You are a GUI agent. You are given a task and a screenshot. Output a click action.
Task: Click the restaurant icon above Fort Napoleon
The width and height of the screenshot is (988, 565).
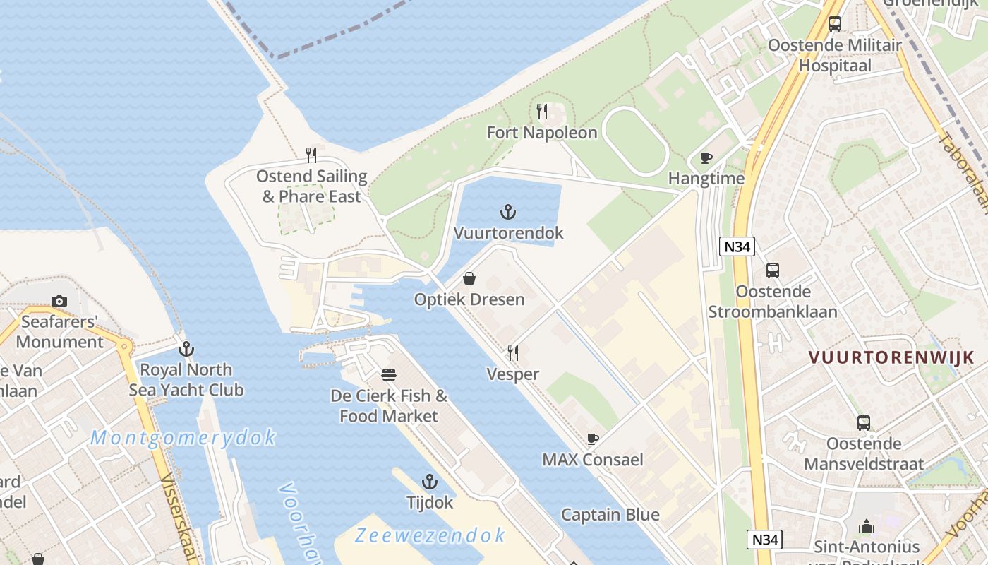[x=542, y=112]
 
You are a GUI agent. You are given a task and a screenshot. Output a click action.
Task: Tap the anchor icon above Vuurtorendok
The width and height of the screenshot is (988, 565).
[x=507, y=211]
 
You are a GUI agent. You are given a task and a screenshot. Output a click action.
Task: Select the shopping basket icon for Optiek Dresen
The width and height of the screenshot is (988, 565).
[x=469, y=278]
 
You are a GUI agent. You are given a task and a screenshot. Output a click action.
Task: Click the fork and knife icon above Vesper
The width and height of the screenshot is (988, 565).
[x=513, y=352]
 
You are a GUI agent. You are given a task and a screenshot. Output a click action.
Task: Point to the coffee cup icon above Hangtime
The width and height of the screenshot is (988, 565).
[x=706, y=157]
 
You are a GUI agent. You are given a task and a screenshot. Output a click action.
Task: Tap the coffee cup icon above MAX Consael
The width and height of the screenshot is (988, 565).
[x=593, y=439]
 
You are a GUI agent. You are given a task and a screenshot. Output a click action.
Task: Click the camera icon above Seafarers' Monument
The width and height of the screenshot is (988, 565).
[x=59, y=301]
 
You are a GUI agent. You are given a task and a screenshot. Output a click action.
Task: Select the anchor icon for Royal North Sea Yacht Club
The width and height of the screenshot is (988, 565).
[x=186, y=348]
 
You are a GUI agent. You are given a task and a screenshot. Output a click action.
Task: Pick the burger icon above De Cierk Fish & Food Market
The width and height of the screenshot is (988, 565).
[x=389, y=374]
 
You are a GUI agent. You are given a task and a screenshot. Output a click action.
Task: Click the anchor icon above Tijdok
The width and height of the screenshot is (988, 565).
[x=429, y=482]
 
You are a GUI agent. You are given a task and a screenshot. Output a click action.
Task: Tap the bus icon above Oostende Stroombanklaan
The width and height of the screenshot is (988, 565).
[x=773, y=270]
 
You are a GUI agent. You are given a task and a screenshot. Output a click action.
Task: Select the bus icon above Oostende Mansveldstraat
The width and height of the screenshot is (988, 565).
[x=864, y=422]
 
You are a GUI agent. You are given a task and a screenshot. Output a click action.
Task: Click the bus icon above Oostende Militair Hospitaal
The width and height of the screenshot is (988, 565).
[x=835, y=23]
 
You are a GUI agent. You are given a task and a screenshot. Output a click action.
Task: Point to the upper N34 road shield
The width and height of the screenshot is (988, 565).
[x=737, y=246]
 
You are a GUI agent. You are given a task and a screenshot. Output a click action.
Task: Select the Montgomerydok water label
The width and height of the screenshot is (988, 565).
[x=183, y=438]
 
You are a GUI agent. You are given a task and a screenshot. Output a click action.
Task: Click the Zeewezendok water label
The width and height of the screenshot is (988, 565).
[x=430, y=535]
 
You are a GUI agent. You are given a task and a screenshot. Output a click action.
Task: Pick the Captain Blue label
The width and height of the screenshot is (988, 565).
[x=610, y=514]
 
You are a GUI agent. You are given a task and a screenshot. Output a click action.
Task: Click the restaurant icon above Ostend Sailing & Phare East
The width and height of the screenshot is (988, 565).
[x=311, y=155]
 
